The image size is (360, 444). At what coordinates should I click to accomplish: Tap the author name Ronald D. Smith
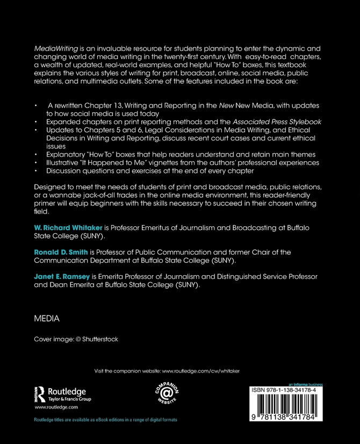point(60,252)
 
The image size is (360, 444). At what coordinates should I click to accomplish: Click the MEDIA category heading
point(47,319)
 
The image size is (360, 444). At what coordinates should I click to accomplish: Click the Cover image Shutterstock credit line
point(76,339)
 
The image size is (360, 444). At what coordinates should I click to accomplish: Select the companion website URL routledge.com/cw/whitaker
point(200,371)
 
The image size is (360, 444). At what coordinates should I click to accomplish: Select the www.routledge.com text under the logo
point(52,408)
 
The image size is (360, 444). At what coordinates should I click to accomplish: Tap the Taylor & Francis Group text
point(69,399)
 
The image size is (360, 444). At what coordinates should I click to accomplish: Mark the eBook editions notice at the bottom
point(105,419)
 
